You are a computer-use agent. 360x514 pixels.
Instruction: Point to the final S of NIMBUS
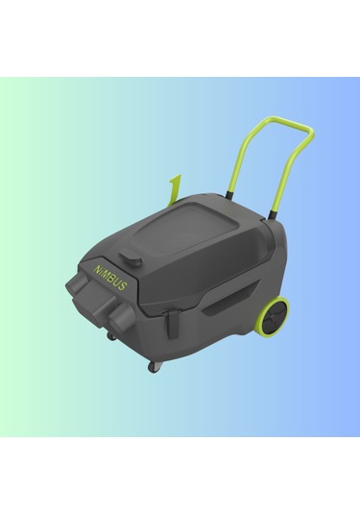[x=122, y=286]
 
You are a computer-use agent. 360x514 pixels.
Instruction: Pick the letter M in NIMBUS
[x=106, y=274]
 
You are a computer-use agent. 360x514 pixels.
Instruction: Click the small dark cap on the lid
[x=132, y=259]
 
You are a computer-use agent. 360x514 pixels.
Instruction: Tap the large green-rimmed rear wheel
[x=273, y=316]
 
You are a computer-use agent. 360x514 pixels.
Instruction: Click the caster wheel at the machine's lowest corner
[x=154, y=367]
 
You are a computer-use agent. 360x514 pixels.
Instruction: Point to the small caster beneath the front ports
[x=112, y=336]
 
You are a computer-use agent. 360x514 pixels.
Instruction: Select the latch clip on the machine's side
[x=172, y=325]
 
